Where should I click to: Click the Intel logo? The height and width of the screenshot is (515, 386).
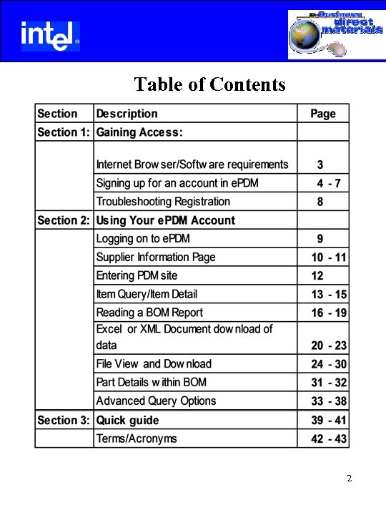[49, 35]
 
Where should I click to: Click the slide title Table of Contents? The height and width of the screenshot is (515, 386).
[209, 84]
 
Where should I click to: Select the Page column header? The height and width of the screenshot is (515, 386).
[322, 114]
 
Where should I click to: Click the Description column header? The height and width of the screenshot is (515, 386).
[127, 114]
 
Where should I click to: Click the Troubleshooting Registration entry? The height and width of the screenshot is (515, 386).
[163, 202]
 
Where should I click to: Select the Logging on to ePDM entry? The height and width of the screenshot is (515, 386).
[143, 238]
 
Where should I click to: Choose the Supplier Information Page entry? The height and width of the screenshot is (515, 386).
[156, 257]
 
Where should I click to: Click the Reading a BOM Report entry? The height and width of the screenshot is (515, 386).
[149, 313]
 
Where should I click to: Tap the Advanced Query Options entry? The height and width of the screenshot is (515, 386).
[156, 401]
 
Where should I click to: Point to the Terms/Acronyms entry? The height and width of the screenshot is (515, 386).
[137, 438]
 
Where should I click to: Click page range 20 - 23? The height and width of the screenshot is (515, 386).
[329, 345]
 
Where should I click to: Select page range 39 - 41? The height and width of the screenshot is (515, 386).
[329, 421]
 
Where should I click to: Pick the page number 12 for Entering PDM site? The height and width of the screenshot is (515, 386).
[317, 275]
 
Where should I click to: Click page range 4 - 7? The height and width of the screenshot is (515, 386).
[329, 183]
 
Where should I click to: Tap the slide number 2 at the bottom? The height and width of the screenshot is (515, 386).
[348, 479]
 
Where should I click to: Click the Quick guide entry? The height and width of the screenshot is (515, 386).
[128, 420]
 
